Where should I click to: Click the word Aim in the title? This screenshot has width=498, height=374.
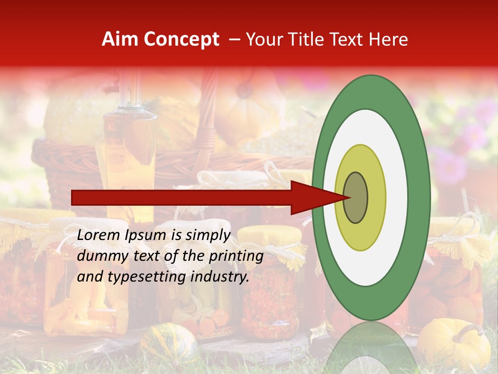click(x=120, y=39)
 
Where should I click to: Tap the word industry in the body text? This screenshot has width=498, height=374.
click(x=218, y=277)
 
